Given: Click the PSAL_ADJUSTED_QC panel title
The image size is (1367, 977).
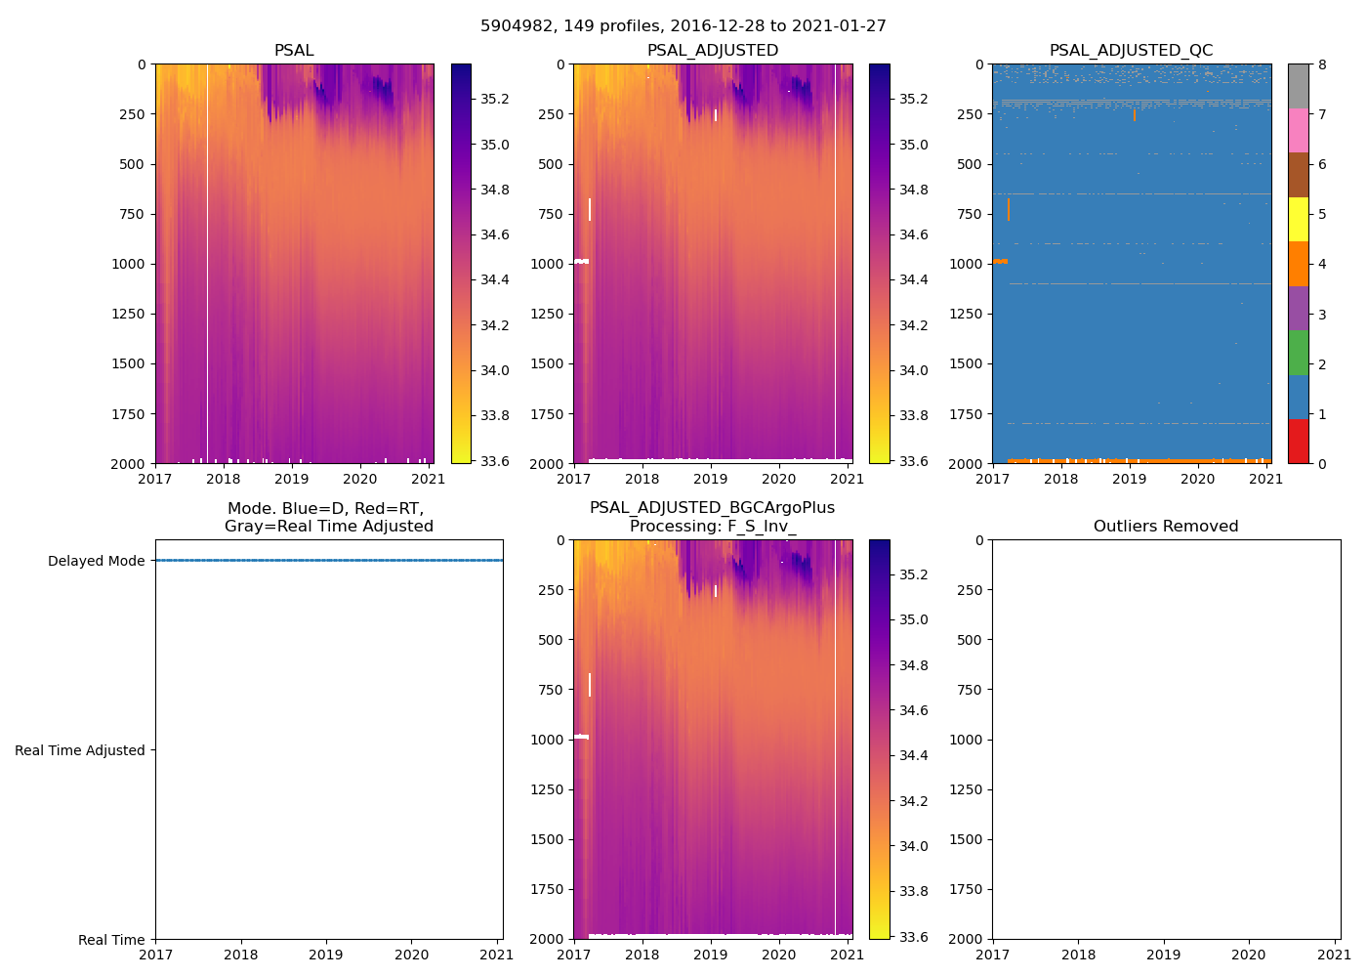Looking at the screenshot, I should [x=1131, y=51].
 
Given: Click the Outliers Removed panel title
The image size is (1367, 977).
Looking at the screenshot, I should [x=1166, y=527].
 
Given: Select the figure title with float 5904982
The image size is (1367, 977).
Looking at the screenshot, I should [x=683, y=26].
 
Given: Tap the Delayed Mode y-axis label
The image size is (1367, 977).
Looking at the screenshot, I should [x=96, y=561].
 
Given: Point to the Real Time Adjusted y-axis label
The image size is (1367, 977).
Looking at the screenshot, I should [x=80, y=750].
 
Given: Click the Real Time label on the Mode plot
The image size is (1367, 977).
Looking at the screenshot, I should [x=111, y=940].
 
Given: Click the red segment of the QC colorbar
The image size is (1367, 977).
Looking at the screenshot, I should [x=1298, y=442].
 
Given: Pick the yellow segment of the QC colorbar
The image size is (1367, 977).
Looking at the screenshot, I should [x=1298, y=219].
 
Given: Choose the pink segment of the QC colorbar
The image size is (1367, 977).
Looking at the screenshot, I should [x=1298, y=130].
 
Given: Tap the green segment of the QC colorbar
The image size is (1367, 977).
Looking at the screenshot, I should [x=1298, y=352].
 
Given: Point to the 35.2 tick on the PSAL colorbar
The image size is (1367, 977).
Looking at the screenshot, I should [x=495, y=99].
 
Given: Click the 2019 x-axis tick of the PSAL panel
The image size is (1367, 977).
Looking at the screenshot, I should [x=292, y=479].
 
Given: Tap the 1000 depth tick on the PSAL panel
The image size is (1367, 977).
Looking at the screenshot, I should [x=129, y=264].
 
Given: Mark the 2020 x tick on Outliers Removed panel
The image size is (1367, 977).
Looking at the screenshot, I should [x=1249, y=955].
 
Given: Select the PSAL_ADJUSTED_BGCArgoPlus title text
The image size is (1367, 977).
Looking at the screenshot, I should [x=712, y=508].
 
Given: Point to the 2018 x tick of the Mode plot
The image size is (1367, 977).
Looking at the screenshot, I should [x=241, y=955].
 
